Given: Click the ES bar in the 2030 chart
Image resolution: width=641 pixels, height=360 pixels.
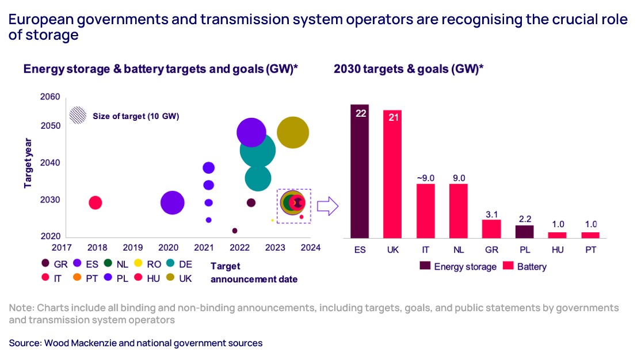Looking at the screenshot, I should pos(361,171).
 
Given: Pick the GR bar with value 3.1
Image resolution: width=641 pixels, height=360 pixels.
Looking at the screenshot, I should pos(492,228).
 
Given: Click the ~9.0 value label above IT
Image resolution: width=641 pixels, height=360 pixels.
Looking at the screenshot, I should pos(426,177).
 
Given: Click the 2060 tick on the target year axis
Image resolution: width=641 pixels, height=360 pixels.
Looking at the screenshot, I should pos(50,97).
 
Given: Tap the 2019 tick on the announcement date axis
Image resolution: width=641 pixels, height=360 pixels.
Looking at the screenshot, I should pos(132,248).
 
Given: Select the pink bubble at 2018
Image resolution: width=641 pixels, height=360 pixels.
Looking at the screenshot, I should pos(96,202).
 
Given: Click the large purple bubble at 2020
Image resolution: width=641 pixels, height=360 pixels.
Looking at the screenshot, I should pos(172,202).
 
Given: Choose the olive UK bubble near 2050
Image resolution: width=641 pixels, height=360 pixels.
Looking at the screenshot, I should pos(293,133).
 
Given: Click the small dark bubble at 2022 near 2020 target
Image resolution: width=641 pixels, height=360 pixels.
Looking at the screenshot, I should pos(235,231).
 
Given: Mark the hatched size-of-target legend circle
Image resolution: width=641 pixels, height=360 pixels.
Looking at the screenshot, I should pos(78,116).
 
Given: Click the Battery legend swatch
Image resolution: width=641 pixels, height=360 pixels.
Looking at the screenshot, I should pos(508,266).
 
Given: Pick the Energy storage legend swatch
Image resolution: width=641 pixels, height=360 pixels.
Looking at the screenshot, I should pos(425,266).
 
